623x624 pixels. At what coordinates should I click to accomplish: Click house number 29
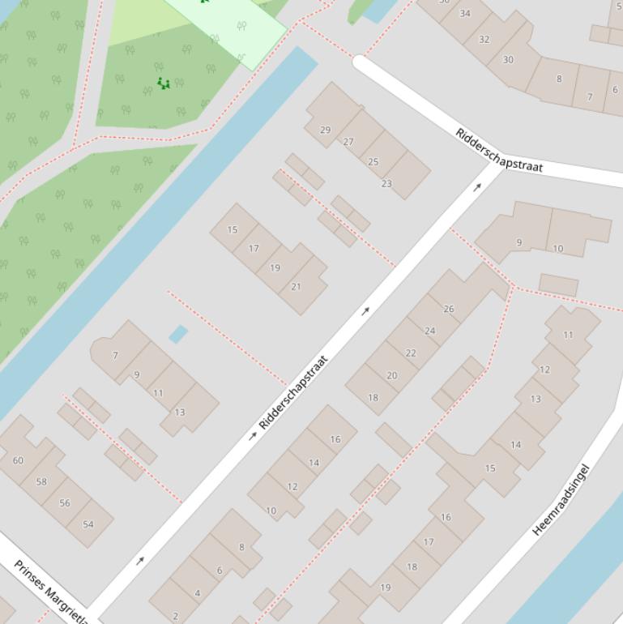tap(326, 130)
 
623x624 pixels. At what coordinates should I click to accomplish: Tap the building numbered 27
tap(348, 142)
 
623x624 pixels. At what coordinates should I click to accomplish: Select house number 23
tap(386, 184)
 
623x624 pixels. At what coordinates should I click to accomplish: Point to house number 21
tap(296, 287)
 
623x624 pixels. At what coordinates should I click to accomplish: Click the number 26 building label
tap(449, 309)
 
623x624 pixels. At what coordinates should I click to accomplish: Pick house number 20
tap(392, 375)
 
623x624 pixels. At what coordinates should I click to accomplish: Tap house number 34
tap(465, 13)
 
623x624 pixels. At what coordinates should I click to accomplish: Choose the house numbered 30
tap(508, 59)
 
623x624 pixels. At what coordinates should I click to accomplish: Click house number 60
tap(18, 460)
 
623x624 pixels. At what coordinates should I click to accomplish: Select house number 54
tap(88, 524)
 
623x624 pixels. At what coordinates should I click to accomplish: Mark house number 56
tap(65, 502)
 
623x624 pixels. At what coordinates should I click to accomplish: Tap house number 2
tap(175, 616)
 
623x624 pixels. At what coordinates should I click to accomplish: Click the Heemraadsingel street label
tap(561, 500)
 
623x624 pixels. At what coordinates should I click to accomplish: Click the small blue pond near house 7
tap(178, 334)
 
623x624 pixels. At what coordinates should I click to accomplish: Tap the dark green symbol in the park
tap(164, 83)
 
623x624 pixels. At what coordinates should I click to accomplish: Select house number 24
tap(430, 331)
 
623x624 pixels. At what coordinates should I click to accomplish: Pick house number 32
tap(484, 39)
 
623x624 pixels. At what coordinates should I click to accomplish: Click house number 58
tap(41, 481)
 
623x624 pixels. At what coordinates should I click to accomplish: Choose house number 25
tap(373, 162)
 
